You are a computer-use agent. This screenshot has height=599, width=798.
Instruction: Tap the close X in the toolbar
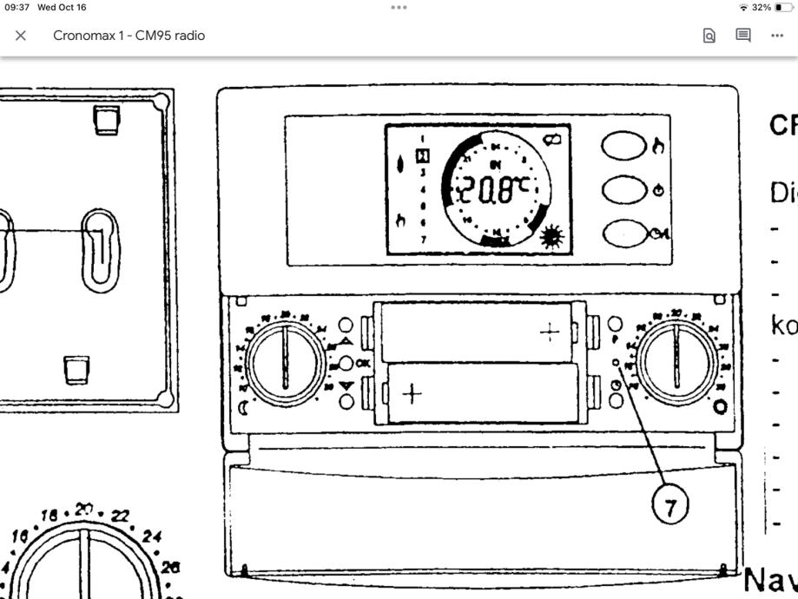pyautogui.click(x=21, y=36)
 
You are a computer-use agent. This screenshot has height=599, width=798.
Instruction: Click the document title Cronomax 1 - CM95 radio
pyautogui.click(x=129, y=36)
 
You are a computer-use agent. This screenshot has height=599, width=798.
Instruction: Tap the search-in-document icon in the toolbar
pyautogui.click(x=709, y=36)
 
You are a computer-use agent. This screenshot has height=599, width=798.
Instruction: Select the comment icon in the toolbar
pyautogui.click(x=743, y=36)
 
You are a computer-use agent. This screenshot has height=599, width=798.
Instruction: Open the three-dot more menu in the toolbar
pyautogui.click(x=777, y=36)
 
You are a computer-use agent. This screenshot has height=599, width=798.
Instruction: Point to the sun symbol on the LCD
pyautogui.click(x=551, y=237)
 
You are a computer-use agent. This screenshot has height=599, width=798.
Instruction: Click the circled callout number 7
pyautogui.click(x=669, y=505)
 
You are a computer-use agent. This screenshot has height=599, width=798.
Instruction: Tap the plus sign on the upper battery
pyautogui.click(x=550, y=331)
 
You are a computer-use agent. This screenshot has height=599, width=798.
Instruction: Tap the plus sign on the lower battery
pyautogui.click(x=412, y=395)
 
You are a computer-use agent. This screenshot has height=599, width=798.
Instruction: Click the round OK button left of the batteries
pyautogui.click(x=346, y=363)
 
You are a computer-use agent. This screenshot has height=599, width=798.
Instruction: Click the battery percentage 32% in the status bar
pyautogui.click(x=762, y=7)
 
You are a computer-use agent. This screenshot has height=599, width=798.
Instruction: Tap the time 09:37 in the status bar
pyautogui.click(x=17, y=7)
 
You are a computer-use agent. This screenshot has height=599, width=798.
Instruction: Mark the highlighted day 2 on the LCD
pyautogui.click(x=423, y=155)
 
